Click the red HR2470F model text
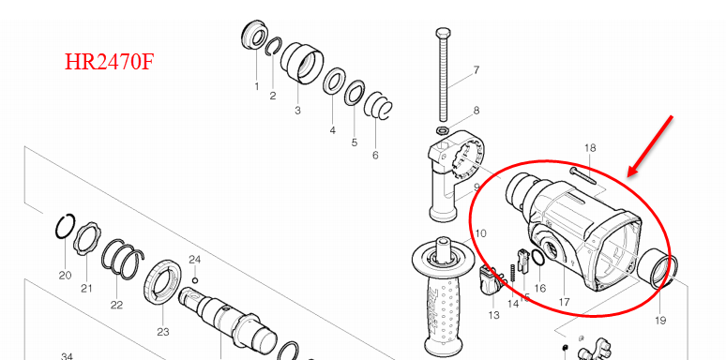coord(109,62)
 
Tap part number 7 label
coord(476,70)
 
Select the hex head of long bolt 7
coord(443,33)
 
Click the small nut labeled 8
coord(442,128)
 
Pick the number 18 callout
coord(590,148)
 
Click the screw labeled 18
coord(582,176)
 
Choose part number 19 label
coord(660,320)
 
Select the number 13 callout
coord(493,315)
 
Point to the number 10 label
coord(480,233)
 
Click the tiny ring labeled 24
coord(195,280)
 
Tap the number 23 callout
coord(163,331)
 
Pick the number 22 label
coord(116,305)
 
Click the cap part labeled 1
coord(254,35)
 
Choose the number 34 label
coord(68,356)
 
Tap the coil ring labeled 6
coord(378,106)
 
